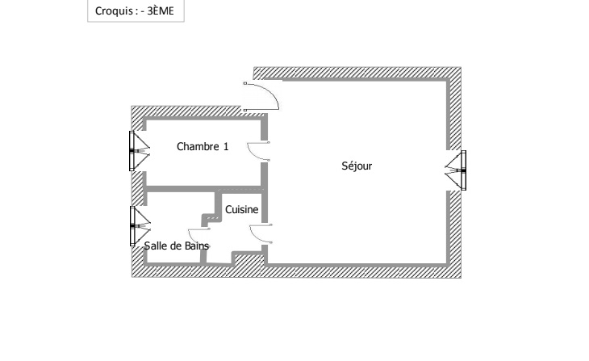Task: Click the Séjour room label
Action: (x=357, y=166)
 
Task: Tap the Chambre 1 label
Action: (x=203, y=146)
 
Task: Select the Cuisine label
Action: (x=241, y=209)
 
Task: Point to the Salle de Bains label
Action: (x=176, y=246)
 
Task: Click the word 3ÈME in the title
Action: (x=161, y=11)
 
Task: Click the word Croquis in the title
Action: (x=114, y=11)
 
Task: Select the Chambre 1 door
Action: (x=258, y=151)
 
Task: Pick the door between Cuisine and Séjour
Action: (x=261, y=233)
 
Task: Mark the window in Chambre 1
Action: (x=140, y=151)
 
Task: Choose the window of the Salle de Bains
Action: (x=140, y=226)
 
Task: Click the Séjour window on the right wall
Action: (x=456, y=170)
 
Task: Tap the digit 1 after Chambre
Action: (x=226, y=146)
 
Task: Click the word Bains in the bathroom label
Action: (x=196, y=246)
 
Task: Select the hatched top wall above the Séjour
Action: (x=357, y=73)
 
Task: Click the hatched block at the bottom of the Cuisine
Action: (x=249, y=261)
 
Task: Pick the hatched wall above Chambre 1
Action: (x=186, y=111)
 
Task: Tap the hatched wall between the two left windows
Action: (x=137, y=188)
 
